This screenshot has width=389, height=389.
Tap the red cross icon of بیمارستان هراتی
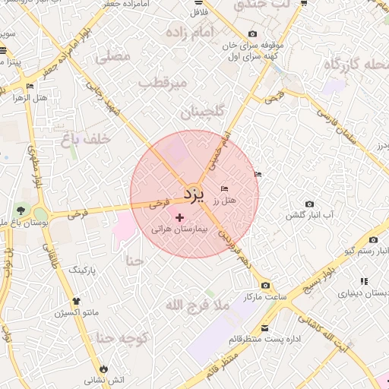179,218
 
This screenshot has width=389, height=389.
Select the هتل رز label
225,201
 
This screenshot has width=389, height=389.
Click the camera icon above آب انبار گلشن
309,204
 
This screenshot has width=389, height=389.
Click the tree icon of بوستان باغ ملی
20,210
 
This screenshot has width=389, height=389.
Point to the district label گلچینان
203,112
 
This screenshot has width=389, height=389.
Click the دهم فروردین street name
234,242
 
